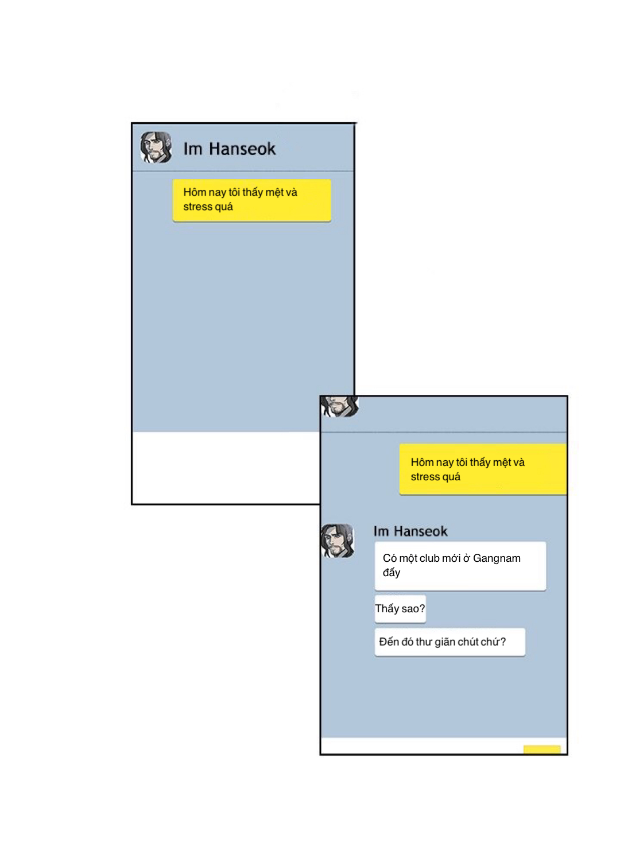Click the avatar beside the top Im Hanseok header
click(x=156, y=147)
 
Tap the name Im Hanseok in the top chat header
click(x=229, y=149)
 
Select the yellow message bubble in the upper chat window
click(x=251, y=200)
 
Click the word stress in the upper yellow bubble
click(x=197, y=207)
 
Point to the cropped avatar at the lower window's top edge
click(x=339, y=406)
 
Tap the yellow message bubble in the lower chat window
click(x=482, y=469)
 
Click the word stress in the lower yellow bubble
click(x=425, y=477)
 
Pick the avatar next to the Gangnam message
click(x=338, y=540)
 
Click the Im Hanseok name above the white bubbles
click(x=410, y=531)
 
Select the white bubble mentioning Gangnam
click(x=460, y=565)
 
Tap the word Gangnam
click(x=497, y=558)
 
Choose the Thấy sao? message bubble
click(x=400, y=609)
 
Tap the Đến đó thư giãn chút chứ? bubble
click(x=449, y=642)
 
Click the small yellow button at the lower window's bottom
click(x=541, y=749)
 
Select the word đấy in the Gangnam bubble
click(x=392, y=573)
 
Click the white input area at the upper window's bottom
click(x=224, y=468)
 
